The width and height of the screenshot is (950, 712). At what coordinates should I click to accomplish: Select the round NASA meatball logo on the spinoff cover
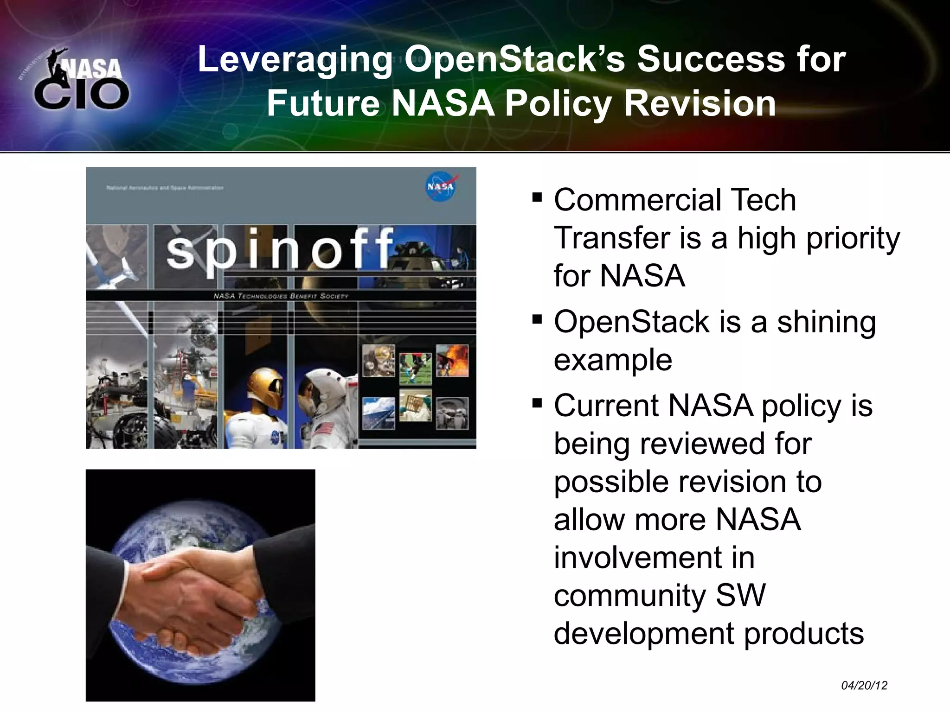pos(441,187)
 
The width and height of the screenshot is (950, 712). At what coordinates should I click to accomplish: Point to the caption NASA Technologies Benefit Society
pos(280,296)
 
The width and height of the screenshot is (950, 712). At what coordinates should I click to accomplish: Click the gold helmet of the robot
pos(266,387)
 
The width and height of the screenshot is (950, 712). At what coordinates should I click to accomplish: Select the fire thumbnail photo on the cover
pos(452,360)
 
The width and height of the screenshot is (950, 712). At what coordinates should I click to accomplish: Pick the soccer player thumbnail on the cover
pos(415,369)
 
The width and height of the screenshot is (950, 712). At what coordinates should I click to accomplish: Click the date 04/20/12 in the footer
pos(864,686)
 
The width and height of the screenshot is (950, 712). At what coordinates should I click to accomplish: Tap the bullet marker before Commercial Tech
pos(537,198)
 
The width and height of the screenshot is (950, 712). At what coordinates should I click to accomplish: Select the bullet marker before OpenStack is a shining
pos(537,319)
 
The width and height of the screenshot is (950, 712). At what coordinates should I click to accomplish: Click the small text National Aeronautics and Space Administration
pos(165,188)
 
